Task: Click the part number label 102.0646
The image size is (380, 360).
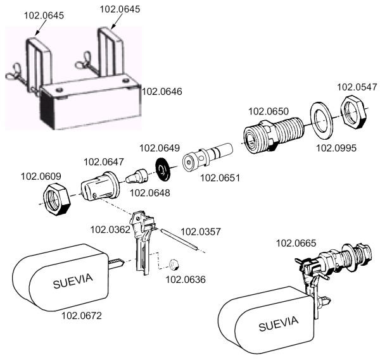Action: tap(163, 92)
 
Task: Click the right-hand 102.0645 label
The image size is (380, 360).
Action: tap(120, 8)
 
